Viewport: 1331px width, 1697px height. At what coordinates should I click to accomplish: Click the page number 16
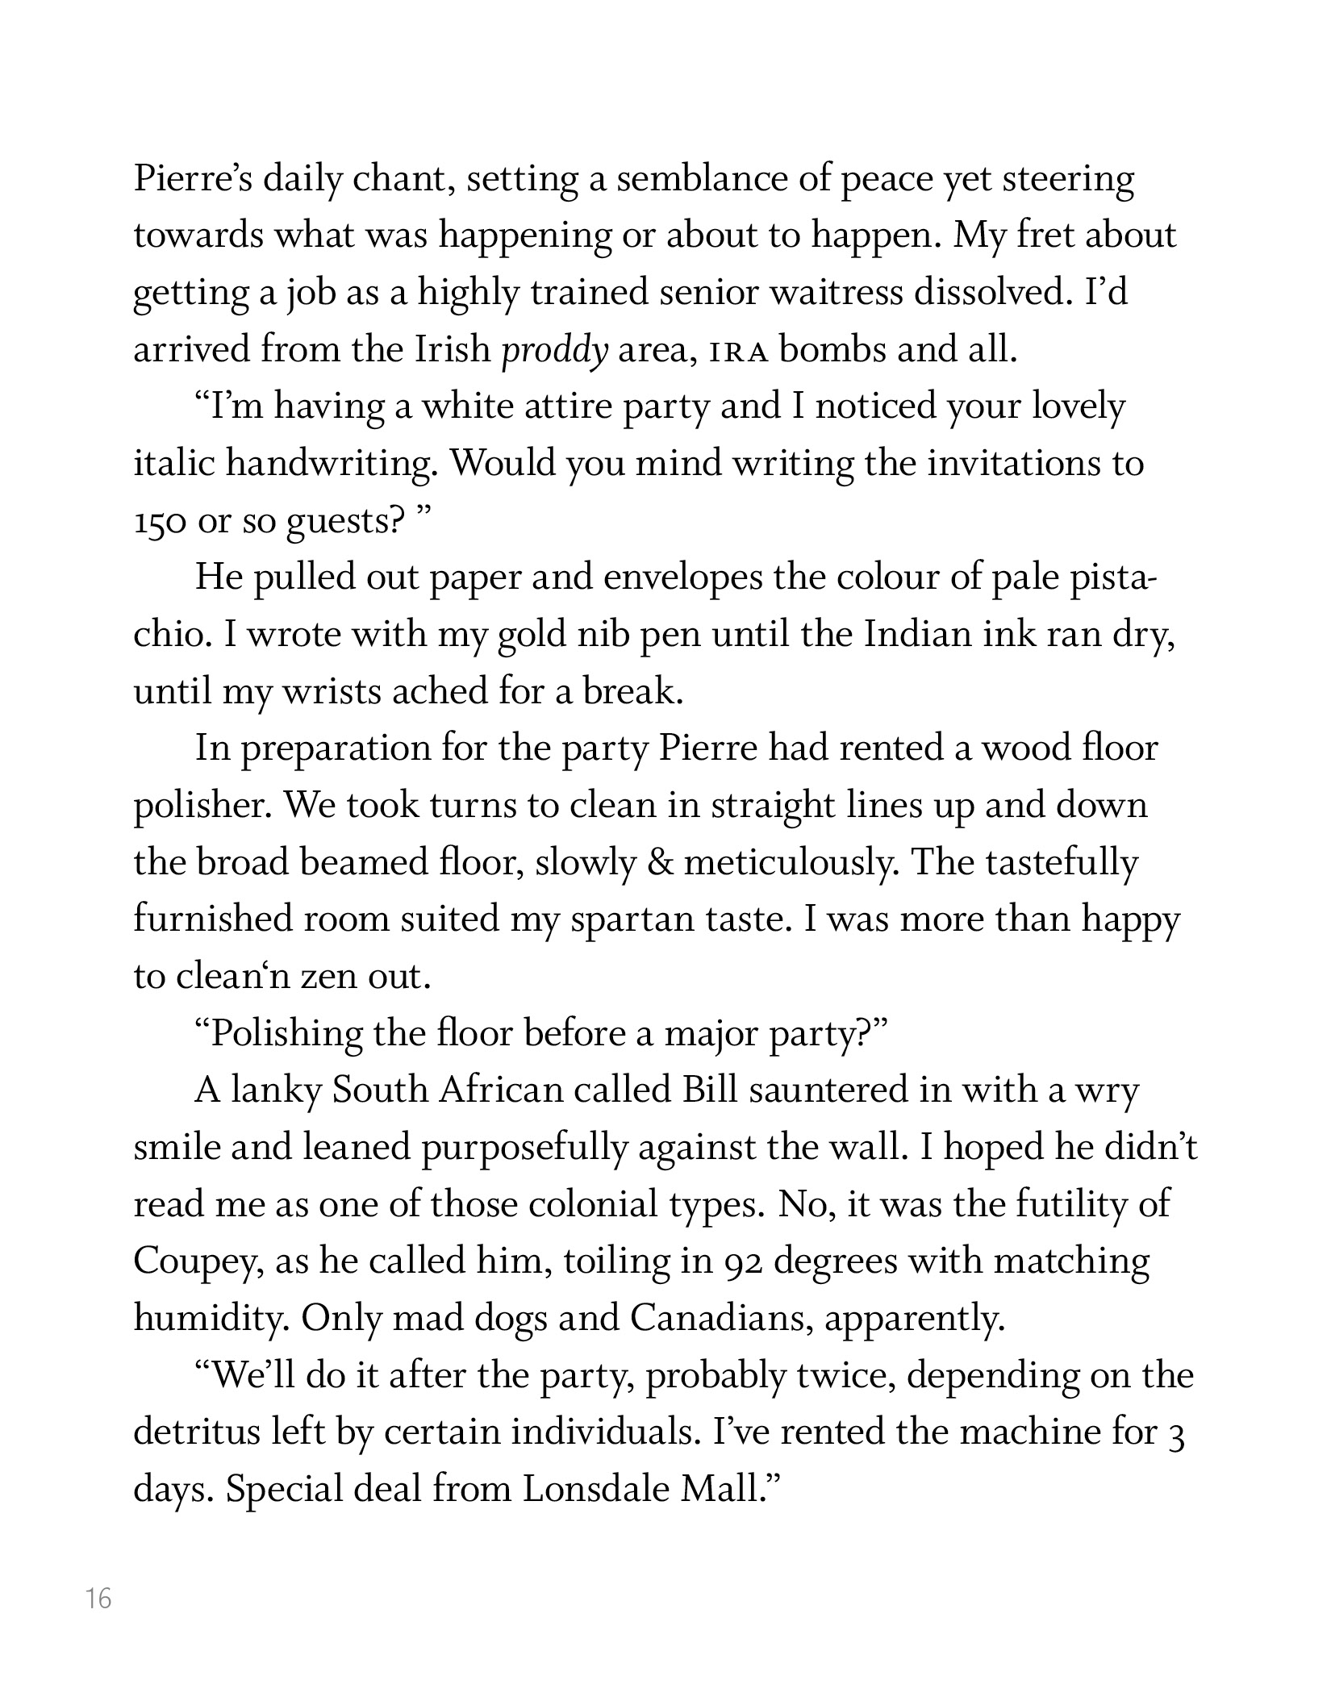click(x=98, y=1598)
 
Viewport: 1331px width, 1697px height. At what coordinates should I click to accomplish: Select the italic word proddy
click(x=554, y=352)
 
